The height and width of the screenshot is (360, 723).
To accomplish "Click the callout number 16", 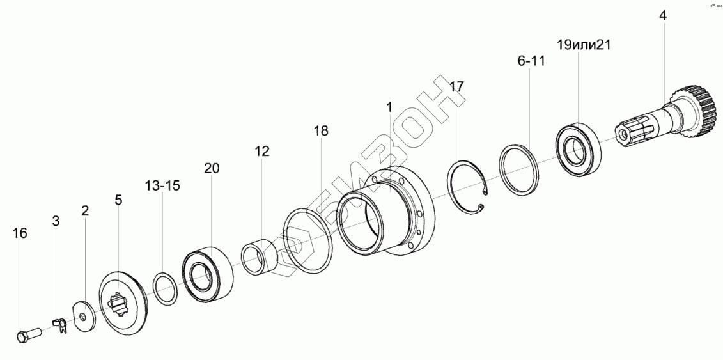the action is [x=20, y=233].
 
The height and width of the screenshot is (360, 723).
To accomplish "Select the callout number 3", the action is [x=56, y=221].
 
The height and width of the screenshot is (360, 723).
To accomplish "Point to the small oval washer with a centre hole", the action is [x=83, y=317].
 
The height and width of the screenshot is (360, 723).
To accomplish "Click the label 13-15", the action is [x=162, y=186].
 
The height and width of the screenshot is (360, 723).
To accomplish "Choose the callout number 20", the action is [x=212, y=168].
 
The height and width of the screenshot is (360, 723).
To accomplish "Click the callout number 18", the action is [x=321, y=131].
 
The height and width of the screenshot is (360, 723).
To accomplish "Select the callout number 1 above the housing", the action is [x=389, y=107].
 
